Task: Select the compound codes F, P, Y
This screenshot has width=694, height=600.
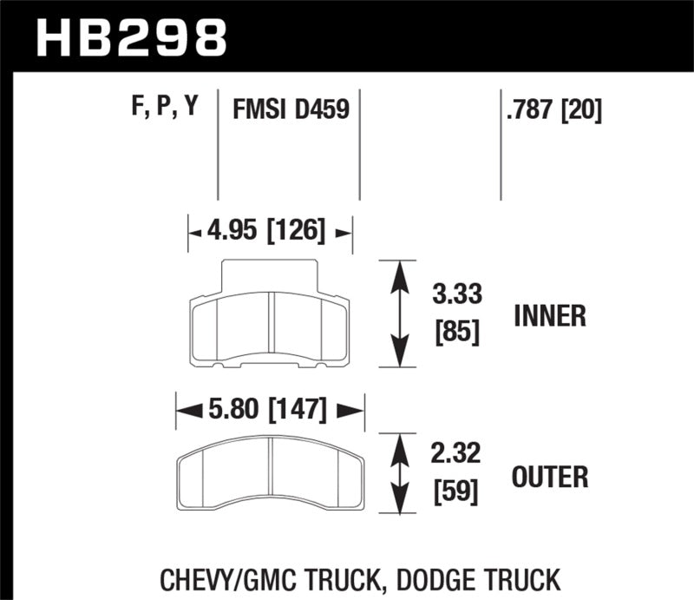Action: (165, 110)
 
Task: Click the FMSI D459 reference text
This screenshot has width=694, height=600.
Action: (290, 111)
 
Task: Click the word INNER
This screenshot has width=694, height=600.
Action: (550, 315)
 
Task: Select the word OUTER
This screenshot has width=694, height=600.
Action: (550, 477)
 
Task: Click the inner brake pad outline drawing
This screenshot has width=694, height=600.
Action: (270, 326)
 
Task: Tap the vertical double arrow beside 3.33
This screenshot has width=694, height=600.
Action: (399, 314)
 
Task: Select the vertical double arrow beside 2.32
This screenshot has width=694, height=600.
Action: (399, 476)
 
